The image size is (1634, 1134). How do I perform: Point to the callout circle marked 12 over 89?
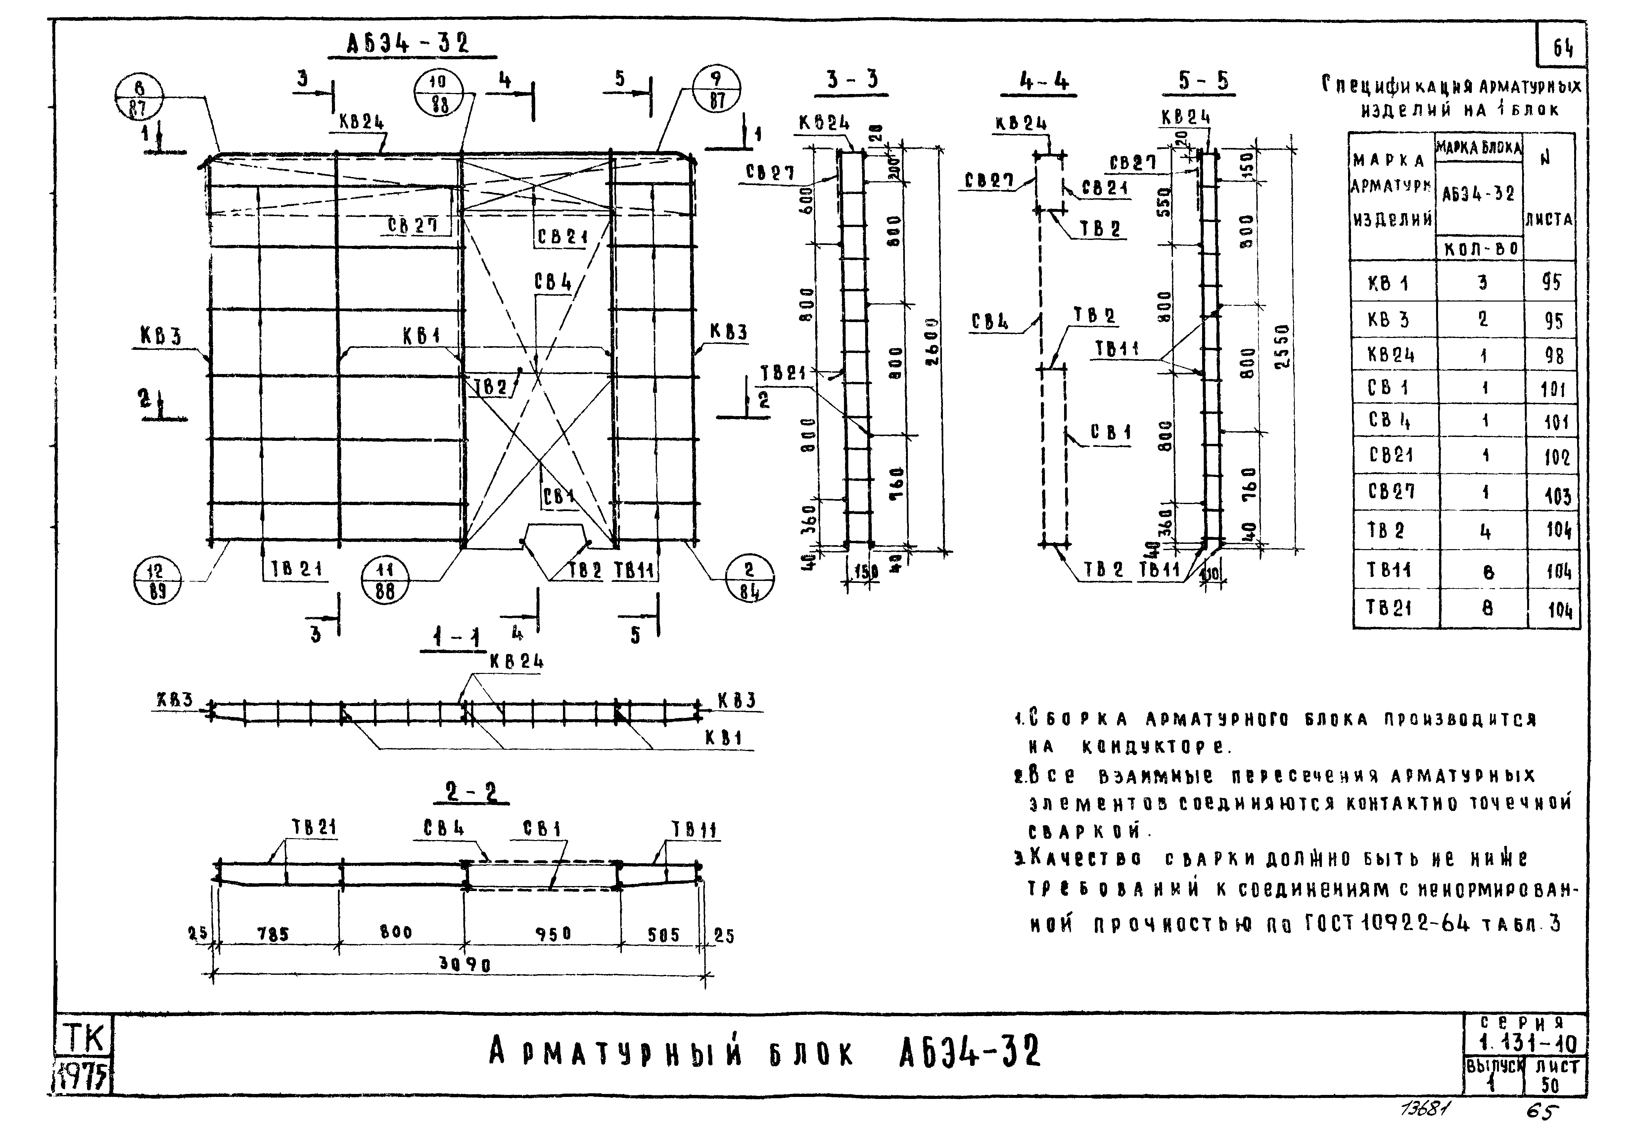point(157,581)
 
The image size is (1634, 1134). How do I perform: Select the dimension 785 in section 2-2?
point(273,934)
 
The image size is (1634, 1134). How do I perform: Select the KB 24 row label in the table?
point(1391,354)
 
